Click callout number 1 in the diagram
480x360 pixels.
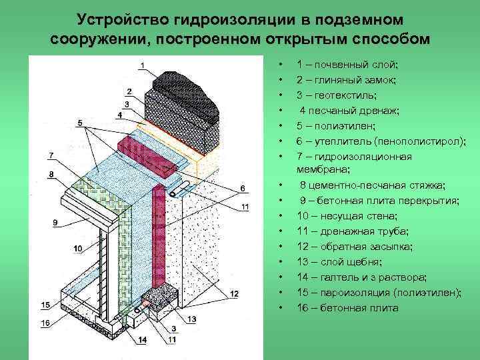click(142, 65)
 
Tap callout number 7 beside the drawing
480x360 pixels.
click(51, 156)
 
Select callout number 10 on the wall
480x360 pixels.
click(77, 248)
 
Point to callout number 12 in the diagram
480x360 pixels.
click(234, 294)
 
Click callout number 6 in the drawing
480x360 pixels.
click(243, 187)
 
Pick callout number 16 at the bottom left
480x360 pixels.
click(45, 323)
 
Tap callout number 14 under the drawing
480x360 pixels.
click(142, 340)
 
